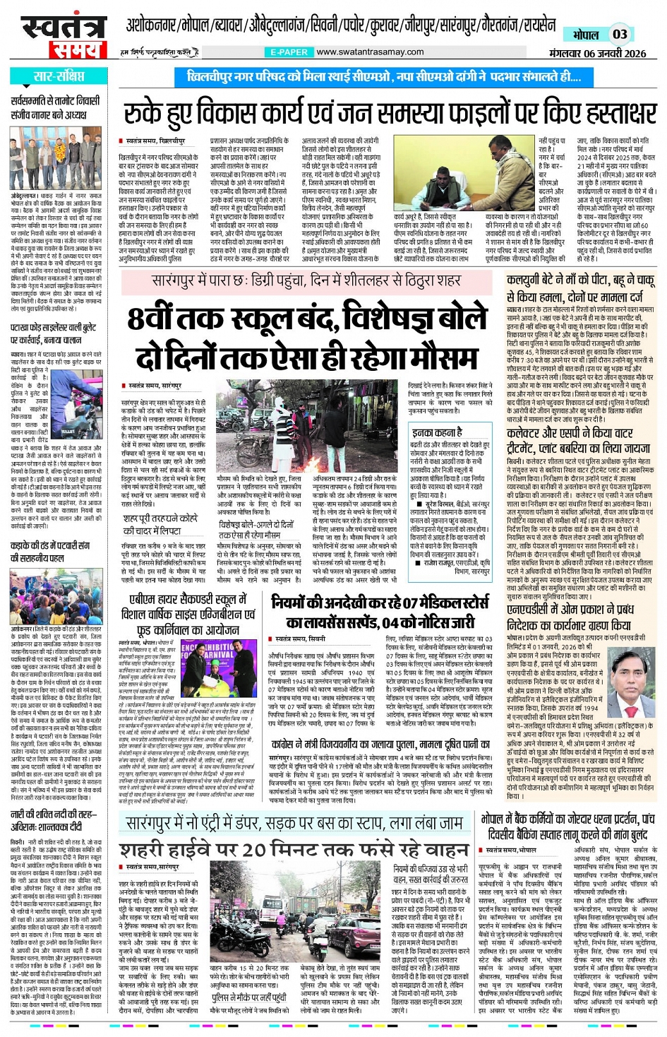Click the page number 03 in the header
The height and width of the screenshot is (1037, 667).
pyautogui.click(x=620, y=34)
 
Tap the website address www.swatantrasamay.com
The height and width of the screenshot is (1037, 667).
pyautogui.click(x=370, y=52)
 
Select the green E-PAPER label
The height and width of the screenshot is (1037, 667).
pyautogui.click(x=289, y=52)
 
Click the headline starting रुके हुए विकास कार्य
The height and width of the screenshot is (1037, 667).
pyautogui.click(x=390, y=113)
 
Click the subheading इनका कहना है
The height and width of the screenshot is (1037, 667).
pyautogui.click(x=438, y=432)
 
